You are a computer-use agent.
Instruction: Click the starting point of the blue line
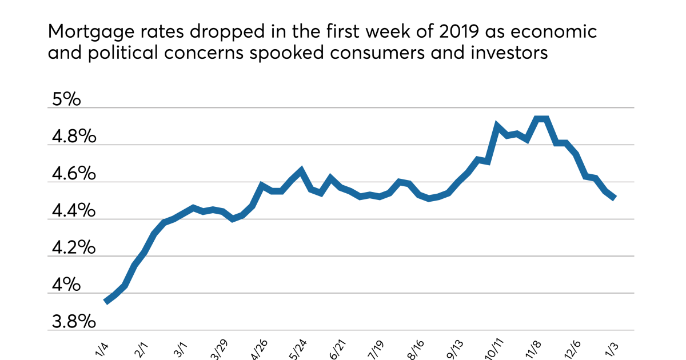[106, 301]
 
